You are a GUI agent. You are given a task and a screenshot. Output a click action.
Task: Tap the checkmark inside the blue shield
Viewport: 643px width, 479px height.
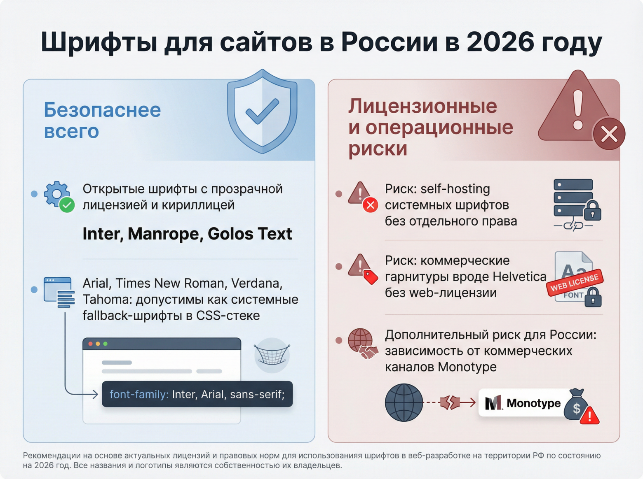pos(262,111)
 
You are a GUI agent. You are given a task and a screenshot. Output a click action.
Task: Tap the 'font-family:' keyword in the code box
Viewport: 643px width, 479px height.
pos(139,394)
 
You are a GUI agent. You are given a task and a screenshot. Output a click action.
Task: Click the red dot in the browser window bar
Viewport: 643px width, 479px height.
pos(91,344)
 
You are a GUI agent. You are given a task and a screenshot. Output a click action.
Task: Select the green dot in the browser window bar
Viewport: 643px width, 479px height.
pos(106,344)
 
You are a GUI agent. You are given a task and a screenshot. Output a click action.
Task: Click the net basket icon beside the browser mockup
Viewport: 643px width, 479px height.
pos(272,355)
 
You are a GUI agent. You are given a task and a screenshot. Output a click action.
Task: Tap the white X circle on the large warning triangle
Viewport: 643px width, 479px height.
pos(609,134)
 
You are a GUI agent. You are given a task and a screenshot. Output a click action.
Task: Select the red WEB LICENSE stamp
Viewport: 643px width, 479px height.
pos(575,283)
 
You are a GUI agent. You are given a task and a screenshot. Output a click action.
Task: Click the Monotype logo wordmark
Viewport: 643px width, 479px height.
pos(533,403)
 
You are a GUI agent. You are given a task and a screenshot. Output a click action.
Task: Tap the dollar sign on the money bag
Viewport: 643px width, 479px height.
pos(577,409)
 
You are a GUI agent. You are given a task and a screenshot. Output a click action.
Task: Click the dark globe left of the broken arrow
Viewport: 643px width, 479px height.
pos(404,402)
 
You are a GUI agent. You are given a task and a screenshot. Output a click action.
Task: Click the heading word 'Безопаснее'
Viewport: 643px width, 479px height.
pos(102,110)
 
